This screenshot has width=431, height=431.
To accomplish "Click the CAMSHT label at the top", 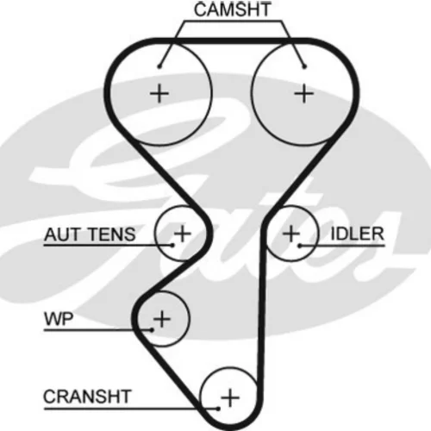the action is click(232, 9).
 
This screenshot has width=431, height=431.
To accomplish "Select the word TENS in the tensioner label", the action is click(111, 234).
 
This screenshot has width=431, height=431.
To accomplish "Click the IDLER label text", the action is click(357, 234).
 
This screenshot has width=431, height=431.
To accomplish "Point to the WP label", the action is click(59, 319).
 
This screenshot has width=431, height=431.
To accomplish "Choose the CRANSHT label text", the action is click(87, 397).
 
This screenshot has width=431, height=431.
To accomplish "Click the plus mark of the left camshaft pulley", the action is click(159, 93).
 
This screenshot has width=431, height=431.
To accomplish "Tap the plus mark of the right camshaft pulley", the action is click(304, 93).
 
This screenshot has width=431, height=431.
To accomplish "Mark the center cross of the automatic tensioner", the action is click(182, 234).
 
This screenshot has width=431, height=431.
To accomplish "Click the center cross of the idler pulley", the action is click(291, 234).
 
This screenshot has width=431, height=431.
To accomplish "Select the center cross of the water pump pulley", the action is click(162, 319).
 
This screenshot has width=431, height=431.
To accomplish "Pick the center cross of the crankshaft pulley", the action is click(230, 398).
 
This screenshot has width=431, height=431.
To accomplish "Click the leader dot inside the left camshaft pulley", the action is click(159, 66).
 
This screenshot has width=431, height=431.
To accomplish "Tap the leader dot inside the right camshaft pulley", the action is click(304, 66).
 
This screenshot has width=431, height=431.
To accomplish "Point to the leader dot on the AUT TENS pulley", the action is click(172, 245).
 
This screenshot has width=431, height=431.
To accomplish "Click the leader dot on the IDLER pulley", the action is click(299, 246).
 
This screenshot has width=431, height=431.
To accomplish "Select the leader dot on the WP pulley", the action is click(152, 330).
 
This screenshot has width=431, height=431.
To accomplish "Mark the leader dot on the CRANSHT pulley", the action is click(218, 409).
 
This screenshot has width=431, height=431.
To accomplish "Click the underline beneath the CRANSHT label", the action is click(131, 408).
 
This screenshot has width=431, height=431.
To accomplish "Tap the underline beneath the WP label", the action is click(97, 330).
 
